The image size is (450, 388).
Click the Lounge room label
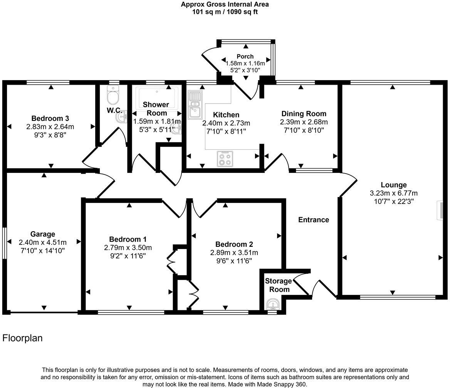[393, 185]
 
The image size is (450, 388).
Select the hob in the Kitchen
[225, 159]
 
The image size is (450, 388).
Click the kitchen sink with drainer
[195, 105]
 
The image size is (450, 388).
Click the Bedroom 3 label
[50, 118]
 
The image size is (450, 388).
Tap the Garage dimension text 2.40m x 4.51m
[42, 242]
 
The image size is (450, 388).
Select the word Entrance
[314, 220]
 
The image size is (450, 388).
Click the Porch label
[245, 57]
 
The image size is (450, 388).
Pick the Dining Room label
[304, 114]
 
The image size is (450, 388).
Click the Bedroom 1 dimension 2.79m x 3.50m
[128, 248]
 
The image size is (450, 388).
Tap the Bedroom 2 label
[234, 244]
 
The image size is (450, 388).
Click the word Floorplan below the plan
[22, 338]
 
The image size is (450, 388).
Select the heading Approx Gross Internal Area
[225, 5]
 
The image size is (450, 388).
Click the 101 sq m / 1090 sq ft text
[225, 12]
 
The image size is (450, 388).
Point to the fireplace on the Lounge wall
[439, 210]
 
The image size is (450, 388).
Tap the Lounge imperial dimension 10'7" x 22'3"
[393, 201]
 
